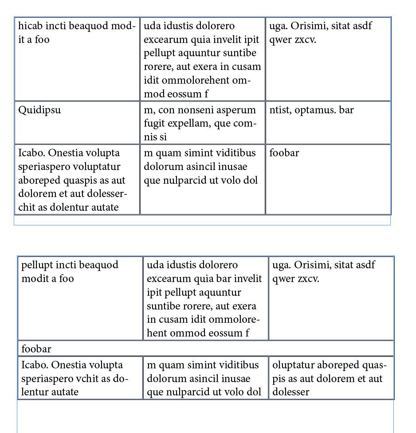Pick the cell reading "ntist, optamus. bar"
point(328,122)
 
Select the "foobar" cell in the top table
point(328,179)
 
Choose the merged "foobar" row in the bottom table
point(205,348)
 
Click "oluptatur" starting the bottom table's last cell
point(293,365)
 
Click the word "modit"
point(34,279)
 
